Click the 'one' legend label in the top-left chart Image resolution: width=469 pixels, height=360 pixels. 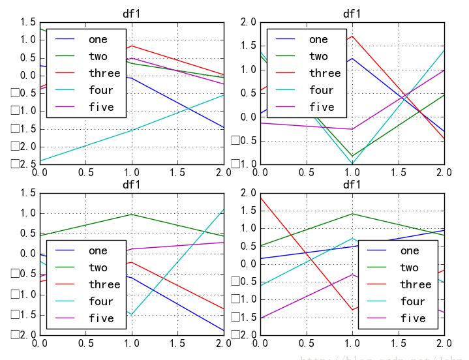98,39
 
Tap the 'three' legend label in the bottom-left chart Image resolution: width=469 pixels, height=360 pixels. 104,284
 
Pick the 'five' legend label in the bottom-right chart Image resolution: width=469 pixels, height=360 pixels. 413,318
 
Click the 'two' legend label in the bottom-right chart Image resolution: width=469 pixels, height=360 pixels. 409,267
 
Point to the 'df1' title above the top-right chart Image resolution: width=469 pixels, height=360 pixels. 352,14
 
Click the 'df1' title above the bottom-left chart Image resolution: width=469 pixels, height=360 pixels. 132,185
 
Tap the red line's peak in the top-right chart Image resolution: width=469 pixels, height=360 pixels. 352,36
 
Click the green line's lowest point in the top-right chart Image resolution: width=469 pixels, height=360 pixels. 352,157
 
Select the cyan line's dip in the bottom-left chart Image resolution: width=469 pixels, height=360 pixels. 132,315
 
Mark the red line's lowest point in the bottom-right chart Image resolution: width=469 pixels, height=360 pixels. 352,310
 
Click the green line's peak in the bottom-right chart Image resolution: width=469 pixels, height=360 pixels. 352,213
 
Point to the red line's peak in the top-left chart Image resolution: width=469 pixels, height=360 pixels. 132,46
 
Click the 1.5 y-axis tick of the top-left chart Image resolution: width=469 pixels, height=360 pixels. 27,22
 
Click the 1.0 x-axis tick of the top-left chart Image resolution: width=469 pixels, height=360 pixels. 132,172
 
